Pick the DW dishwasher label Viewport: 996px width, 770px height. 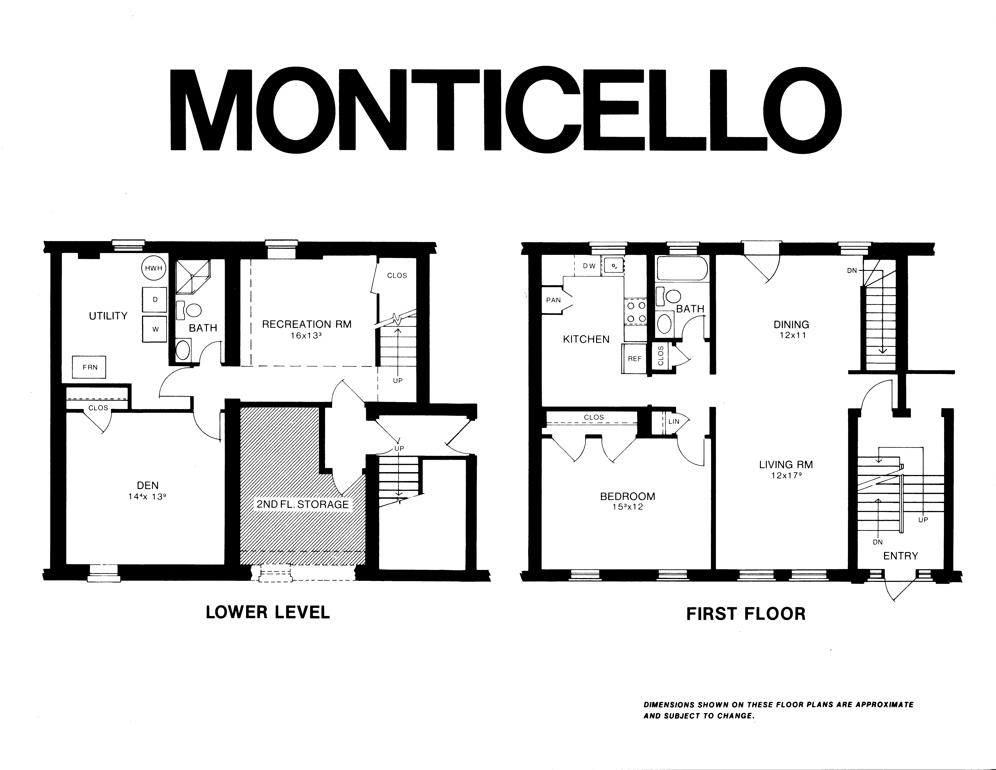[x=589, y=266]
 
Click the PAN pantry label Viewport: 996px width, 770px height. [x=553, y=300]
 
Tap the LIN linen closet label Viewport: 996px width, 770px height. [x=674, y=422]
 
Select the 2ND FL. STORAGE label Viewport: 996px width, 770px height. [x=302, y=504]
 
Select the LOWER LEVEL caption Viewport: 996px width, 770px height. [x=268, y=612]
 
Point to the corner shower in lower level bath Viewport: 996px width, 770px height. [x=193, y=276]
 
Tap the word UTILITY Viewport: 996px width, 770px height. [x=108, y=316]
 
